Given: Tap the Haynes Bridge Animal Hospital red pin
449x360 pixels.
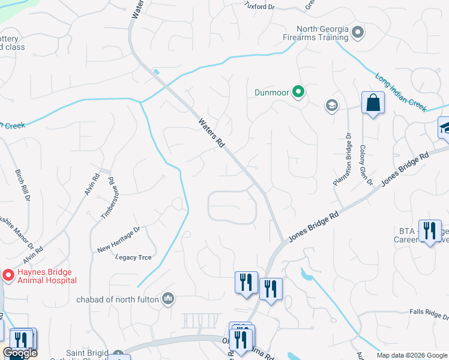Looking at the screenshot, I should click(8, 275).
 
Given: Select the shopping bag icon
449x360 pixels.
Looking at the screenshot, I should click(373, 103).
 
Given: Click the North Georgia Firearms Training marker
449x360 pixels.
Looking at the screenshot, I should click(358, 32).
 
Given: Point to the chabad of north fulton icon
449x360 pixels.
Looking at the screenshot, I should click(169, 298).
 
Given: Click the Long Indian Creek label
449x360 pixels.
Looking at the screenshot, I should click(400, 92).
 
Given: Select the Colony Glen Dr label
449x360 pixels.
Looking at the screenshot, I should click(366, 164).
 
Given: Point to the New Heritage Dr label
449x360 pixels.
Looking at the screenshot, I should click(119, 238).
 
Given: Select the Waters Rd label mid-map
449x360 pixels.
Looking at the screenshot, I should click(212, 133).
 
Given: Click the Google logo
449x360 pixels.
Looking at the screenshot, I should click(20, 353).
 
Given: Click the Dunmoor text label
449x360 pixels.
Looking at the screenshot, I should click(272, 92).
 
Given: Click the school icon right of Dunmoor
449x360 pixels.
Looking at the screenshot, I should click(331, 106).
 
